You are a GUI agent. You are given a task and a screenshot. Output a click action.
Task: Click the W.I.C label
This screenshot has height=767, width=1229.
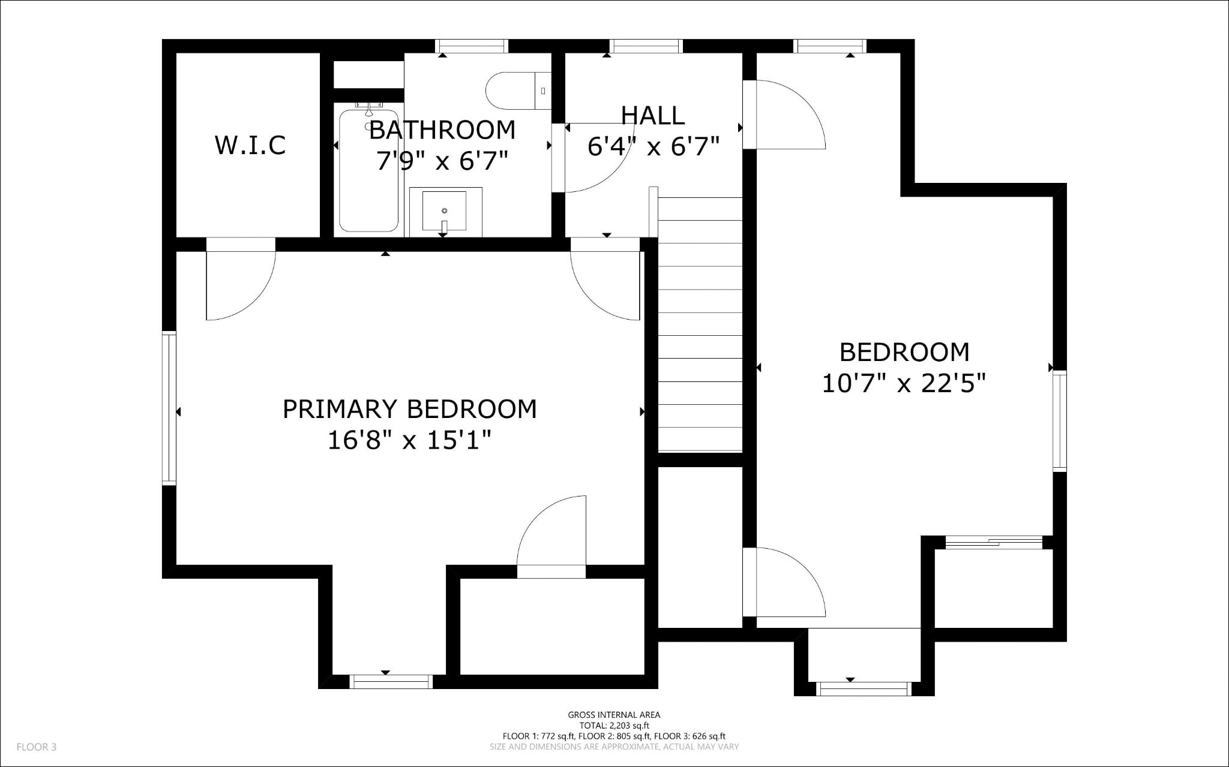point(250,145)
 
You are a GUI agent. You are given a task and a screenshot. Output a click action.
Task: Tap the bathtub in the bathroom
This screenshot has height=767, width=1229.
point(368,180)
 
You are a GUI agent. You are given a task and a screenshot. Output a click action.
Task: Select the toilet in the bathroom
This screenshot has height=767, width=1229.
point(516,91)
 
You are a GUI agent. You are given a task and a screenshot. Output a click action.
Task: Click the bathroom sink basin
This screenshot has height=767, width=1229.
point(444,210)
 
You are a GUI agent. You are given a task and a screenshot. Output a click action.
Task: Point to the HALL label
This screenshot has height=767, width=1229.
point(652,116)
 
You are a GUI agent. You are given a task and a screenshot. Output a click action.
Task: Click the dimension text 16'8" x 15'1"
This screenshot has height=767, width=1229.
point(409,441)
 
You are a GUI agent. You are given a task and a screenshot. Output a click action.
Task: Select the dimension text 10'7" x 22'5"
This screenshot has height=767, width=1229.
point(904,383)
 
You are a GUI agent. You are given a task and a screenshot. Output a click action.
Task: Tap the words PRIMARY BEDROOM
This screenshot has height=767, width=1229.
point(409,409)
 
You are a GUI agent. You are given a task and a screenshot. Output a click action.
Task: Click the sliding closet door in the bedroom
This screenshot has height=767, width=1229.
point(993,543)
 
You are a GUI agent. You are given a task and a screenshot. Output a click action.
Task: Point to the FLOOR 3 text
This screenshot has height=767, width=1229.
point(36,747)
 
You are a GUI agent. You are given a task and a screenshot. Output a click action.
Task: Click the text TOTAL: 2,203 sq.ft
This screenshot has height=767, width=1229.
point(614,725)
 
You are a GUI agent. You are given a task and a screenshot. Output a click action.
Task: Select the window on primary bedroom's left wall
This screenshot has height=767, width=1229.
point(169,408)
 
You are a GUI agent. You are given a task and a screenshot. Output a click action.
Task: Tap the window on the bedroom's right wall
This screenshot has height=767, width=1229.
point(1060,420)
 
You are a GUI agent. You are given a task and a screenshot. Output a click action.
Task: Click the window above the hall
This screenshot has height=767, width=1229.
point(646,46)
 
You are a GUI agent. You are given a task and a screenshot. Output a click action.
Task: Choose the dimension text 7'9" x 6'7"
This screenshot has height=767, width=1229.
point(442,161)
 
